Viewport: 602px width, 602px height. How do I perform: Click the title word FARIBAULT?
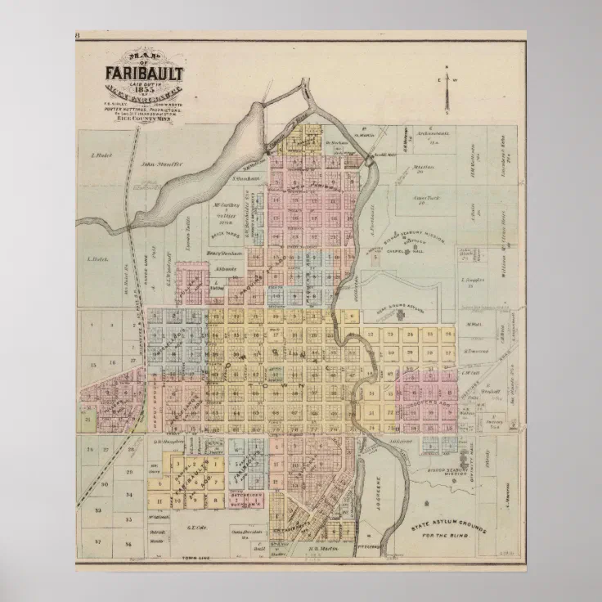pyautogui.click(x=144, y=74)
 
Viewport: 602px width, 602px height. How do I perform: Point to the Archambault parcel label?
pyautogui.click(x=429, y=132)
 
